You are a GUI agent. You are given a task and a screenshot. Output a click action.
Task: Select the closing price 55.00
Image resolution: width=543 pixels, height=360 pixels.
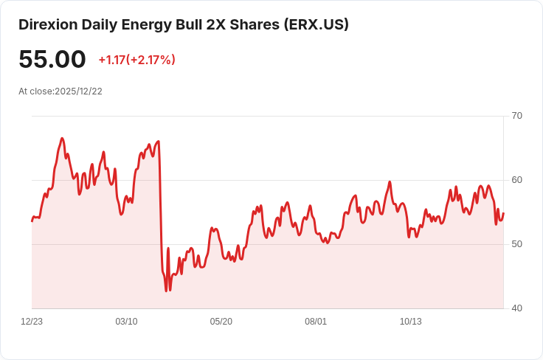click(x=52, y=60)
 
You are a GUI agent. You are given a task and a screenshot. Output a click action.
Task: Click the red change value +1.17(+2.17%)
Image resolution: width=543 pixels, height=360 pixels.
click(x=136, y=60)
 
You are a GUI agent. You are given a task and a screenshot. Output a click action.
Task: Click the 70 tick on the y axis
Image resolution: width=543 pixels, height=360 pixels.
click(x=516, y=116)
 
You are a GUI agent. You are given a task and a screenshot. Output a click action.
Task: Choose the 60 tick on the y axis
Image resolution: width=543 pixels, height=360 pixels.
click(x=516, y=180)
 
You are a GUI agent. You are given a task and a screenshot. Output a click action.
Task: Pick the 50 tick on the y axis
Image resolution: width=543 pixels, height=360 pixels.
click(x=516, y=244)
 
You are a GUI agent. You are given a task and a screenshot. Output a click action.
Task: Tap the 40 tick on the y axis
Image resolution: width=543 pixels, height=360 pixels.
click(x=516, y=308)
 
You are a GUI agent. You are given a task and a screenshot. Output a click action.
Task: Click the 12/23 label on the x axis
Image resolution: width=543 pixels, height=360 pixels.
click(x=32, y=322)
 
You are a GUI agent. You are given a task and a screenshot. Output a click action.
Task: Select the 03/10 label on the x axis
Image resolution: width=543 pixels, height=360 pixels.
click(x=126, y=322)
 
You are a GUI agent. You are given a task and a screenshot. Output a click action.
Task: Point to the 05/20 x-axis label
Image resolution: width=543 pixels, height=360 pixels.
click(x=221, y=322)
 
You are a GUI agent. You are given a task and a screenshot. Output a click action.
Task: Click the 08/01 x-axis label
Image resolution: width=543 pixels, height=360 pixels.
click(x=316, y=322)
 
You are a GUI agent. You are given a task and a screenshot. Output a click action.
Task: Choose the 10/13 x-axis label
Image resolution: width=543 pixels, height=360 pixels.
click(x=410, y=322)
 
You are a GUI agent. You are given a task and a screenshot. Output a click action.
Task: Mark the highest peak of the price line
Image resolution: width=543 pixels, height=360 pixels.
click(x=62, y=138)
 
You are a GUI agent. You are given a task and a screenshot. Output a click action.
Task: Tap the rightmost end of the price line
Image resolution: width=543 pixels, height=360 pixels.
click(x=503, y=214)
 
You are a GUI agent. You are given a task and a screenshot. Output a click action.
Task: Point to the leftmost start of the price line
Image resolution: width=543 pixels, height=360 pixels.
click(x=32, y=221)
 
